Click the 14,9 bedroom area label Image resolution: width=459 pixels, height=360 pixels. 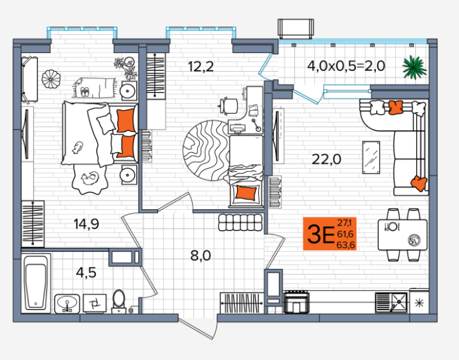(x=86, y=225)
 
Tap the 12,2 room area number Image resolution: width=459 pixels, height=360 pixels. (x=201, y=66)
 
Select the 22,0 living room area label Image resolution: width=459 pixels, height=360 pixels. (x=326, y=159)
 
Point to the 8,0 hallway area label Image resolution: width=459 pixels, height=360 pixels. (x=201, y=256)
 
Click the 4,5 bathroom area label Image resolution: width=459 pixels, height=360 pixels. (x=86, y=272)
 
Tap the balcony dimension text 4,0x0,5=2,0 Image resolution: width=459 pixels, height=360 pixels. (x=346, y=66)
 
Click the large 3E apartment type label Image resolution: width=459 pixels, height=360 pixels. (x=321, y=234)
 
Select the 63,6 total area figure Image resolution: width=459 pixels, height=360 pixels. (x=345, y=245)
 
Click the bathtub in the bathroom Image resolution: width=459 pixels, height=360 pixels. (x=36, y=284)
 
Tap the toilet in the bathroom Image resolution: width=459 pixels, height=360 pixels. (x=118, y=302)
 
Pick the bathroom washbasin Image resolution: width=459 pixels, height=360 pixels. (x=67, y=304)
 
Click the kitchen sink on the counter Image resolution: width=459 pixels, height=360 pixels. (x=391, y=302)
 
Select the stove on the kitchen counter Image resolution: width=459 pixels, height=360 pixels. (x=296, y=302)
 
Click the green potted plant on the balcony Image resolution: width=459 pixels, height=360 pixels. (x=414, y=67)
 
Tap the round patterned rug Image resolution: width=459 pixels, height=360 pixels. (x=207, y=150)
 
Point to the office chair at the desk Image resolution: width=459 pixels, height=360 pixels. (x=230, y=106)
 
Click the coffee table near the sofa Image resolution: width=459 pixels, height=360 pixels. (x=371, y=157)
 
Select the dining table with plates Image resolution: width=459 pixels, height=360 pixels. (x=403, y=234)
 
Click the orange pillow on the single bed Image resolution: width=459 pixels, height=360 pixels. (x=246, y=193)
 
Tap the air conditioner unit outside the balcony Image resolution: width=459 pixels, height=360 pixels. (x=296, y=29)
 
